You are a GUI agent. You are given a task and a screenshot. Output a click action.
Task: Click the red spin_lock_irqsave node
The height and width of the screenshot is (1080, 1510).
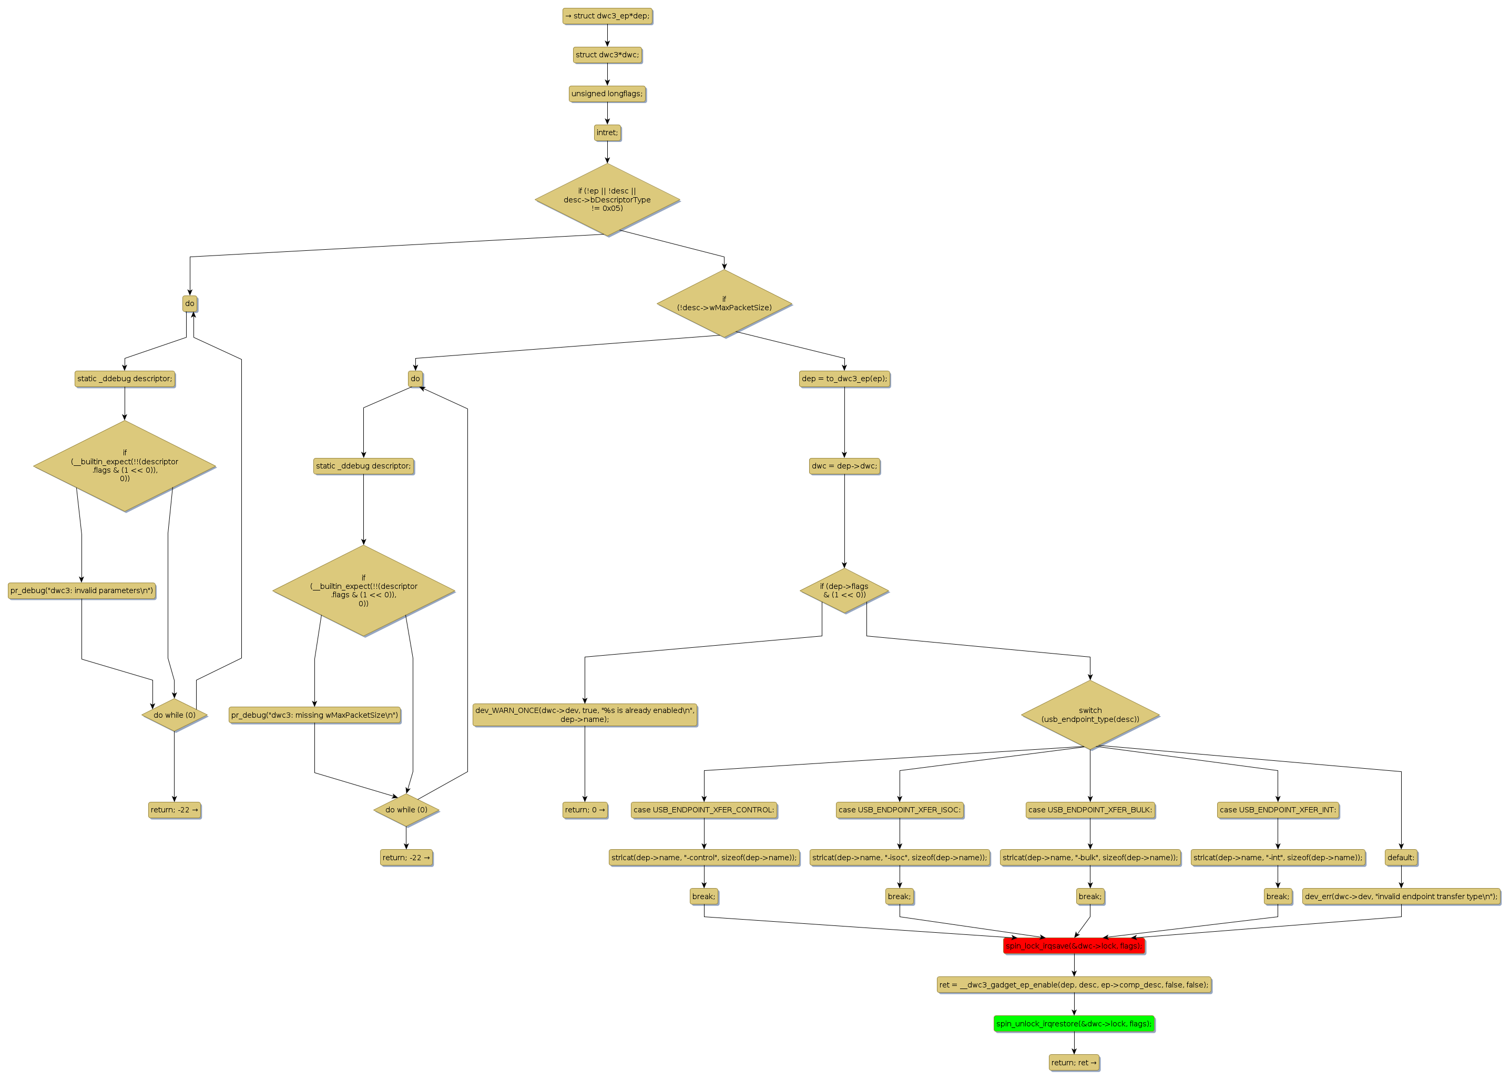pos(1073,946)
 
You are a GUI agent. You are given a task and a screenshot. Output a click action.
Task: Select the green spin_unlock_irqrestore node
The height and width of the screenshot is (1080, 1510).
pos(1073,1023)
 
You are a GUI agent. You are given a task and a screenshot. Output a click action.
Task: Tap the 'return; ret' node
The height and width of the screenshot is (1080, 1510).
pos(1073,1063)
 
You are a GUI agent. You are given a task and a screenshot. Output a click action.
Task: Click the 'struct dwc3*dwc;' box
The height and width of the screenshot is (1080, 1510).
pos(607,55)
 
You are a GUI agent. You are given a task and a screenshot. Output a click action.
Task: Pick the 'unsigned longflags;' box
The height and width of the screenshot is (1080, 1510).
pos(607,94)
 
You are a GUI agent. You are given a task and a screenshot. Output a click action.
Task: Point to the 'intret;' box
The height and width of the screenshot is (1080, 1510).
pos(607,133)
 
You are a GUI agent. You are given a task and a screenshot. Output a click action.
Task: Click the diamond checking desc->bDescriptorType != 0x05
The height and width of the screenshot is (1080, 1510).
pos(607,199)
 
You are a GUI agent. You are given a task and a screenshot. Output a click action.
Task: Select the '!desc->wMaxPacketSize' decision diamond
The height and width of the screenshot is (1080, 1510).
pos(724,303)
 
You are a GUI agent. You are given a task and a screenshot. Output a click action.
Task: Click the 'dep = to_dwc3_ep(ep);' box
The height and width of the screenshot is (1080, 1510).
pos(844,379)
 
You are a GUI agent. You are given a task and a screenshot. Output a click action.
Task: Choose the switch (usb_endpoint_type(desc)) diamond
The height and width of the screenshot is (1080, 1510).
pos(1090,715)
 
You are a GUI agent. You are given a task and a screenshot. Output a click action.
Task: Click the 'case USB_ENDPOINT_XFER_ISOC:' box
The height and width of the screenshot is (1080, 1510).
pos(900,810)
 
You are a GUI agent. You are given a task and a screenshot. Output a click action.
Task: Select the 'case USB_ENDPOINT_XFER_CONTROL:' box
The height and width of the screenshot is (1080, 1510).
pos(703,810)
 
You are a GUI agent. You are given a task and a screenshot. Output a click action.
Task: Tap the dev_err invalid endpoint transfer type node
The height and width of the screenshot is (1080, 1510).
pos(1401,896)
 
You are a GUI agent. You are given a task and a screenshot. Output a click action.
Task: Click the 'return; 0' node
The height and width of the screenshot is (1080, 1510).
pos(585,810)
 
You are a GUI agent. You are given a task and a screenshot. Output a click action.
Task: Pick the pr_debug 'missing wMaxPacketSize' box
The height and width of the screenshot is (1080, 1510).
pos(314,716)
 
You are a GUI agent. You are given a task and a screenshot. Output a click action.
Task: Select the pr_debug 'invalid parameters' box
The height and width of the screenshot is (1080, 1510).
pos(82,590)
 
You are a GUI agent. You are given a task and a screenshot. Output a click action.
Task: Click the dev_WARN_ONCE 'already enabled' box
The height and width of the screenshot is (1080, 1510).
pos(585,715)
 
